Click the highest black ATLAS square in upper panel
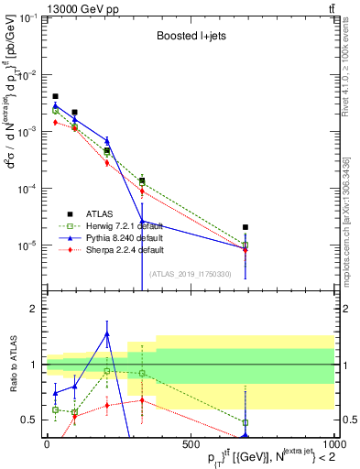[55, 96]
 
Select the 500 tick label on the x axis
[190, 443]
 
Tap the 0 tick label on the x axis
[47, 443]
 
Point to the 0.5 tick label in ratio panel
[31, 420]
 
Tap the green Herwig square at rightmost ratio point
[245, 422]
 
